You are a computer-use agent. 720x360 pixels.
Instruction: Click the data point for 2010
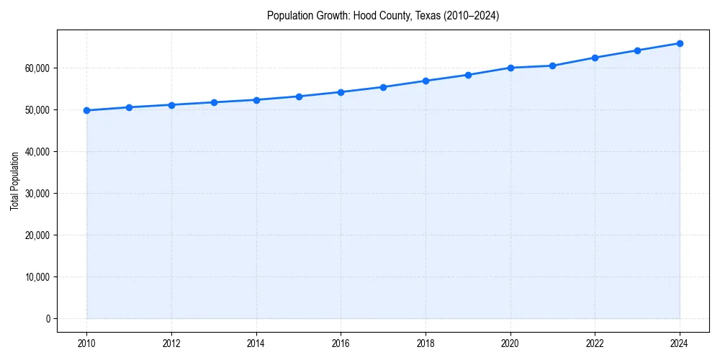86,110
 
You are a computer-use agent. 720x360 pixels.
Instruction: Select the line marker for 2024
680,43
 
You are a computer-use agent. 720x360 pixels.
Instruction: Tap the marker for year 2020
510,68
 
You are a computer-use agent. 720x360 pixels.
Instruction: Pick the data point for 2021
552,66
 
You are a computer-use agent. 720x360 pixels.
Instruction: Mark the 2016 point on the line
341,92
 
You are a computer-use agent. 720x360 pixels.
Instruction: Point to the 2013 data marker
214,102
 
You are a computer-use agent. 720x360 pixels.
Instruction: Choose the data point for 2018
426,81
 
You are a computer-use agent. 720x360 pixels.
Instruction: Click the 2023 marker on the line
637,50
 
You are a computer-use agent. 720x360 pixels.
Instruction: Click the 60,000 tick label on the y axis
36,68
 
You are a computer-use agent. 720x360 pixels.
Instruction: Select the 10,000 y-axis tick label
36,276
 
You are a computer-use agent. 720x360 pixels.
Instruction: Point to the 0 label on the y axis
48,318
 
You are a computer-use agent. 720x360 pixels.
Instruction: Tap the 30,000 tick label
36,193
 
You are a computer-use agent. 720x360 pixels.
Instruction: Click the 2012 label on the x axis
171,343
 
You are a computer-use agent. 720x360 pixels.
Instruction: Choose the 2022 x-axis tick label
595,343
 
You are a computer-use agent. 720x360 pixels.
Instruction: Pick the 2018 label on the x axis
426,343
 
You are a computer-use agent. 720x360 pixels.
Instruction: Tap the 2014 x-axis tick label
256,343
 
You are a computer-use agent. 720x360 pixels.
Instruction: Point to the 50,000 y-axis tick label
36,109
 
